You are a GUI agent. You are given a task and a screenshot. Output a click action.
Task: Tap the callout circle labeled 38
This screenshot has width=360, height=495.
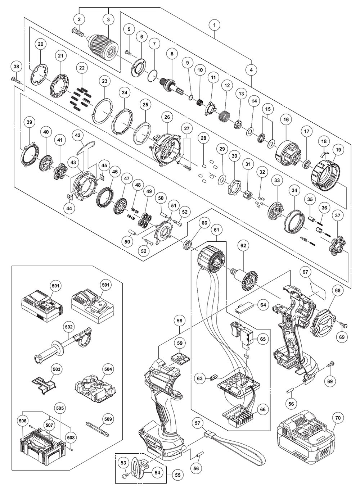click(16, 67)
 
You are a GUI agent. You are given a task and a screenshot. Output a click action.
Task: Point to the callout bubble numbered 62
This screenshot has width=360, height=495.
click(244, 246)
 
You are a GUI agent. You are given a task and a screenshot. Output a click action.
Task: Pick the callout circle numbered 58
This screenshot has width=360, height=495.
click(180, 320)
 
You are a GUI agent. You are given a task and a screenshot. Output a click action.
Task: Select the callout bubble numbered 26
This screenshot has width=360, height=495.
click(167, 117)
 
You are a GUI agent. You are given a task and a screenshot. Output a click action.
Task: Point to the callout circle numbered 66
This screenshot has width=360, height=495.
click(263, 409)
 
